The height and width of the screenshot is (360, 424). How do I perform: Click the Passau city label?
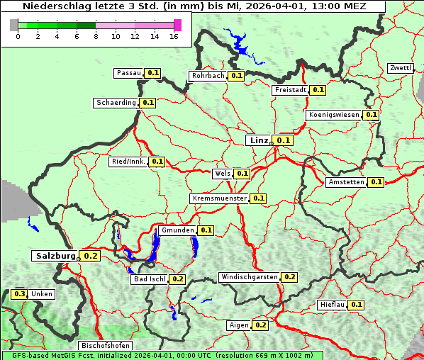point(128,73)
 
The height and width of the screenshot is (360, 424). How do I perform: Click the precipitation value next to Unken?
point(20,294)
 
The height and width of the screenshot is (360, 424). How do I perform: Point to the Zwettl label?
point(400,68)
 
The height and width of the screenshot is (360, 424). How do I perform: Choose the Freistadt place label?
point(291,90)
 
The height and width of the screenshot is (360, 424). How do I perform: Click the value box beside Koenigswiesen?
point(371,115)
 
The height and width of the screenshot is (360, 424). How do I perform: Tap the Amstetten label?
point(346,182)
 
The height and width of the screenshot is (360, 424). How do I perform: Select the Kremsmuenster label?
point(219,198)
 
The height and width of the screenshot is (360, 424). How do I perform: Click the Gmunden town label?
point(177,230)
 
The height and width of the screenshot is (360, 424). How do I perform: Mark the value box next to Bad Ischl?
point(177,279)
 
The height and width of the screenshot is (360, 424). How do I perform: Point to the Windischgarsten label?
point(249,277)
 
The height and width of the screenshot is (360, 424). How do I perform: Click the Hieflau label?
point(333,305)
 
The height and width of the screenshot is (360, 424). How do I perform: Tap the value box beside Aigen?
point(260,325)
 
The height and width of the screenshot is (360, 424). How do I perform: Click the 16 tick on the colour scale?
point(174,36)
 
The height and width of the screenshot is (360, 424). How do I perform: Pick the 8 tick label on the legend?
point(96,36)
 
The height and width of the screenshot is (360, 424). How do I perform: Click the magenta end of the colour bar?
point(177,25)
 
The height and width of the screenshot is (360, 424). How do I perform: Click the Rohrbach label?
point(208,76)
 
